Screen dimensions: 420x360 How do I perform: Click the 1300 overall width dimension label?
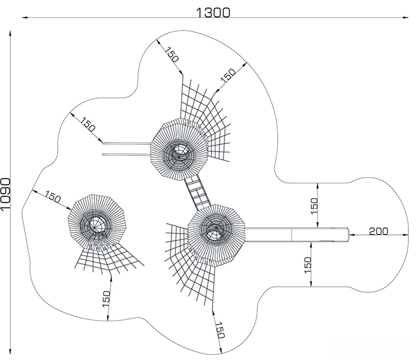(x=213, y=12)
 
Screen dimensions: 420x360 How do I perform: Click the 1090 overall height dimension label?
(x=6, y=194)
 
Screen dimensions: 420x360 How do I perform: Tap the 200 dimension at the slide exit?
(x=379, y=231)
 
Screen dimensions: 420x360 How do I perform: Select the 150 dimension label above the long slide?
(x=314, y=206)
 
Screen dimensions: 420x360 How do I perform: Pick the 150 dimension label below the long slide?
(x=308, y=265)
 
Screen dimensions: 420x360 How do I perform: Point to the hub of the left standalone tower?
(x=94, y=225)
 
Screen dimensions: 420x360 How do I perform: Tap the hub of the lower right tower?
(x=216, y=230)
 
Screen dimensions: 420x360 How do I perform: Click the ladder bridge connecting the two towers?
(x=197, y=192)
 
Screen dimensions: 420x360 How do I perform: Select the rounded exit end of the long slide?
(x=348, y=235)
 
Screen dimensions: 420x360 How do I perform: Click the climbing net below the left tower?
(x=109, y=259)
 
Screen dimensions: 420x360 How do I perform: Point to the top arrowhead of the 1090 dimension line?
(x=10, y=33)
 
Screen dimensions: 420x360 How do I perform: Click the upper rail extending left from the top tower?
(x=126, y=143)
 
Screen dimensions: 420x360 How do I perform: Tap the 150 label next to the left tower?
(x=53, y=197)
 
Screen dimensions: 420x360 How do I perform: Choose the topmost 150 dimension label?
(x=171, y=55)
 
